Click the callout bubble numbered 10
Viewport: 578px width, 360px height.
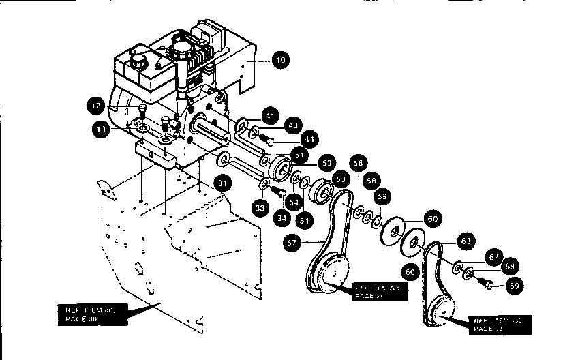[279, 61]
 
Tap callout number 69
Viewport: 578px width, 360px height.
[515, 286]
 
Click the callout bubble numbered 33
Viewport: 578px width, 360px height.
[260, 207]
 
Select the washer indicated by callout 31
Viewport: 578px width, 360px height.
[222, 161]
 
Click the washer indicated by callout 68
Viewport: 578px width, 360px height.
[469, 274]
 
